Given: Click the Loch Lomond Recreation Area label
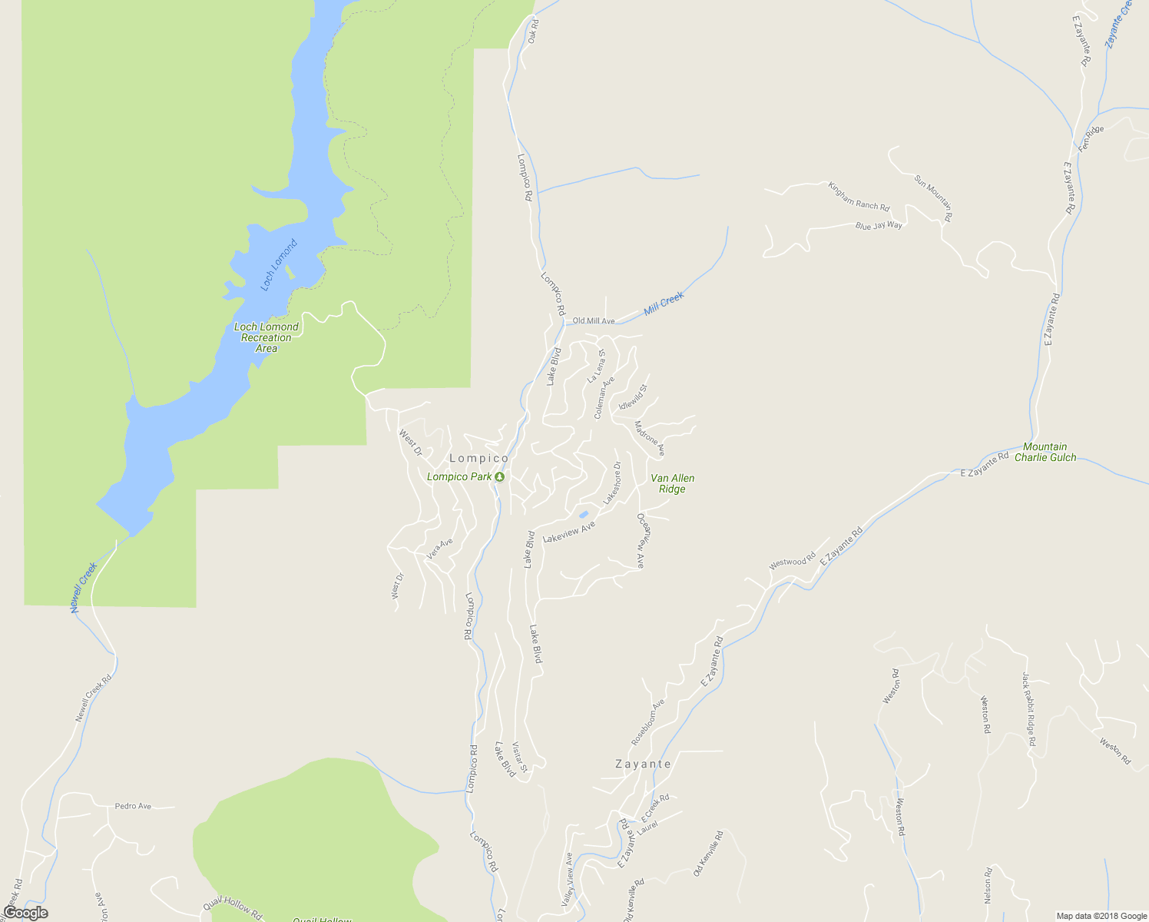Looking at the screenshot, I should pyautogui.click(x=266, y=337).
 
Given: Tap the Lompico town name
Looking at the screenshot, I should pyautogui.click(x=478, y=459).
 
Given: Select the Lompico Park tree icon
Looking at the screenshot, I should pyautogui.click(x=499, y=477).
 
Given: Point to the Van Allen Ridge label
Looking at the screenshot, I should pyautogui.click(x=672, y=483).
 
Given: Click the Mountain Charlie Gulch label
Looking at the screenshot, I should pyautogui.click(x=1045, y=452).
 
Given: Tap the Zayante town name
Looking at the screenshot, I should pyautogui.click(x=643, y=764).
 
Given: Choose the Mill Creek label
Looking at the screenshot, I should pyautogui.click(x=664, y=303).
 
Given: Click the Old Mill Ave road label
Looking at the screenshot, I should pyautogui.click(x=594, y=321).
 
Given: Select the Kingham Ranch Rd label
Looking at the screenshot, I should pyautogui.click(x=858, y=196).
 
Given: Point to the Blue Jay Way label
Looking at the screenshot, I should pyautogui.click(x=879, y=225).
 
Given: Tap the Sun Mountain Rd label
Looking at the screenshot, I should pyautogui.click(x=933, y=198).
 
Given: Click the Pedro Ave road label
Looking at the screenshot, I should pyautogui.click(x=133, y=806).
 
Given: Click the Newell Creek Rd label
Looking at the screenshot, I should pyautogui.click(x=94, y=698).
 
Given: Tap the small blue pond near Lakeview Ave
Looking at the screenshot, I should pyautogui.click(x=584, y=514).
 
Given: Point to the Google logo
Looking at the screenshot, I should pyautogui.click(x=25, y=913).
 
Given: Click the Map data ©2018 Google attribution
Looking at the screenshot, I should pyautogui.click(x=1101, y=916).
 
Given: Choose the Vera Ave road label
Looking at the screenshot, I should pyautogui.click(x=440, y=548).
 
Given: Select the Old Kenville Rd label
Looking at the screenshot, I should pyautogui.click(x=708, y=853).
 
